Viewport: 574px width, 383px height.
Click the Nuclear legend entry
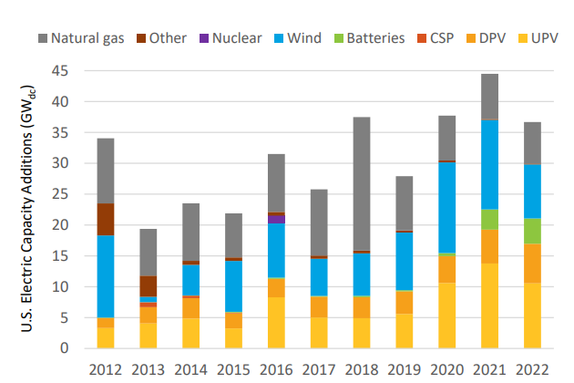click(230, 38)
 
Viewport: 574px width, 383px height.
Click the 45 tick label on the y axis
click(59, 71)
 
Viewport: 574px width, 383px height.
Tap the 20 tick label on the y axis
click(59, 225)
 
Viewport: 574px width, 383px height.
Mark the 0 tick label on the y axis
click(63, 348)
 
